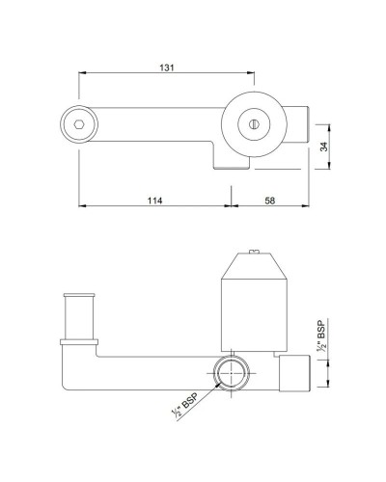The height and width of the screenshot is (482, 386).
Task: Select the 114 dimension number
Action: (x=154, y=200)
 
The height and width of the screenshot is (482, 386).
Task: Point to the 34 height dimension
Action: (x=324, y=147)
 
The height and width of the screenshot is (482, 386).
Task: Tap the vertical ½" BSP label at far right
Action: (x=319, y=340)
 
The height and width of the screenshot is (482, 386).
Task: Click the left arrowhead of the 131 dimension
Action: (x=81, y=73)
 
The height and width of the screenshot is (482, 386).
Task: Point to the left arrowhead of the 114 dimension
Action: (x=81, y=206)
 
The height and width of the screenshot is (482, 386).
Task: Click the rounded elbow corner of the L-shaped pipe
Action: (x=69, y=381)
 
